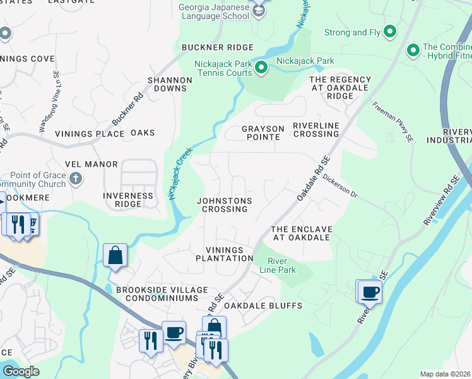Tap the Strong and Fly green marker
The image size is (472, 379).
[390, 32]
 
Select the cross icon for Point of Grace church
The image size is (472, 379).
[75, 179]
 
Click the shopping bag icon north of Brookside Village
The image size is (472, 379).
[115, 256]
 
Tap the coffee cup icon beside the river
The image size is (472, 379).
[370, 292]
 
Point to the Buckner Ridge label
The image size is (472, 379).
[217, 47]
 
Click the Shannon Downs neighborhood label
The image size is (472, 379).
[170, 85]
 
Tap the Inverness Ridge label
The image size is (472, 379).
[128, 200]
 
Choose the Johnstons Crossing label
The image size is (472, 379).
[225, 205]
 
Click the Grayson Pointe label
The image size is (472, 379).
[263, 133]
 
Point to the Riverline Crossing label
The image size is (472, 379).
[316, 129]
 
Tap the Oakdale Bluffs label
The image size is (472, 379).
[272, 306]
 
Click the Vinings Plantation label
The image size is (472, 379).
[225, 254]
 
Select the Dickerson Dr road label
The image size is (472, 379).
[339, 186]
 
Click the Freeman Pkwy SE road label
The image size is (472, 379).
[392, 121]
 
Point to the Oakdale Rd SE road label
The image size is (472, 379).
[314, 179]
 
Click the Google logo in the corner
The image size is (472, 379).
[21, 371]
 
